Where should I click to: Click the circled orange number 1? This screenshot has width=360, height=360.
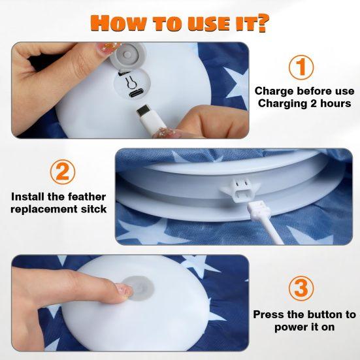[x=301, y=67]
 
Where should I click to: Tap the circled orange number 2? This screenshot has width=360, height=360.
[x=63, y=172]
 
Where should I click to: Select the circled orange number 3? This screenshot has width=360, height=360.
[x=301, y=289]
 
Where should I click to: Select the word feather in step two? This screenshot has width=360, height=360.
[x=87, y=197]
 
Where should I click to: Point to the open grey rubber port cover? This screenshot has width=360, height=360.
[x=127, y=55]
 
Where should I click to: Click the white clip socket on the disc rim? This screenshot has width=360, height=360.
[x=240, y=189]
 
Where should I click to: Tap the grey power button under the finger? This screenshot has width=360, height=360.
[x=139, y=288]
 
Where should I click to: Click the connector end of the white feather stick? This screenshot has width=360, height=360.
[x=259, y=208]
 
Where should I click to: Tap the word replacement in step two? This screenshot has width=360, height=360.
[x=44, y=209]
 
